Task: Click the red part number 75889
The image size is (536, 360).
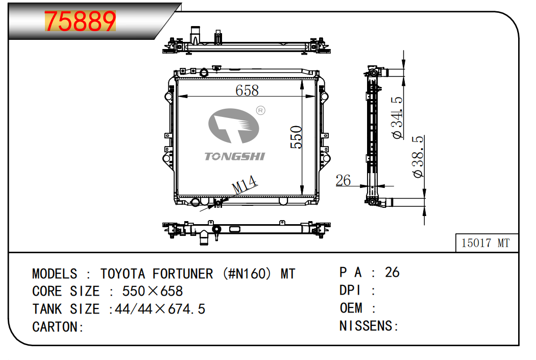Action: click(x=80, y=21)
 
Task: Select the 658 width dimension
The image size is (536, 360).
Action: click(x=247, y=90)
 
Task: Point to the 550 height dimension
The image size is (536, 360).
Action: click(x=297, y=137)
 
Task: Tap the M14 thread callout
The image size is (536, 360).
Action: click(x=245, y=185)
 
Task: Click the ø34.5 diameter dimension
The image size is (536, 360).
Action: click(x=398, y=117)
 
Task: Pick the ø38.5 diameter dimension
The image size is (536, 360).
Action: click(x=418, y=157)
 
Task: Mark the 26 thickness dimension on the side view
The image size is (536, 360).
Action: click(x=343, y=181)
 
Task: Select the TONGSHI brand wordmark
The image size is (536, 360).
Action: click(x=234, y=156)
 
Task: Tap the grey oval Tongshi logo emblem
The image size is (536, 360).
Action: click(x=233, y=126)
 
